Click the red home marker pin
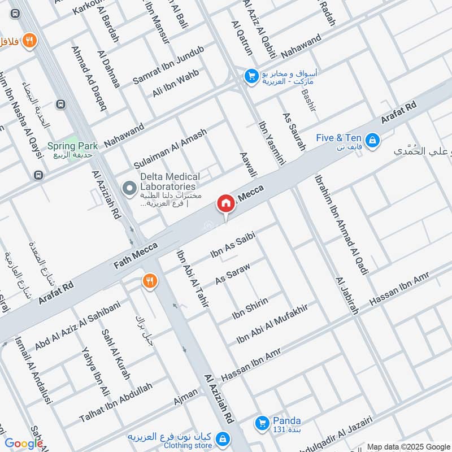tap(225, 203)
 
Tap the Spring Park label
tap(72, 146)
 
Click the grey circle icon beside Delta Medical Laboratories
tap(130, 187)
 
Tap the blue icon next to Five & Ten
tap(372, 139)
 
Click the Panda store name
tap(287, 420)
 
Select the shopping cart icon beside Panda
tap(262, 422)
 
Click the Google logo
tap(24, 444)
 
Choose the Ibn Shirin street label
tap(249, 308)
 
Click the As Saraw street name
tap(232, 273)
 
